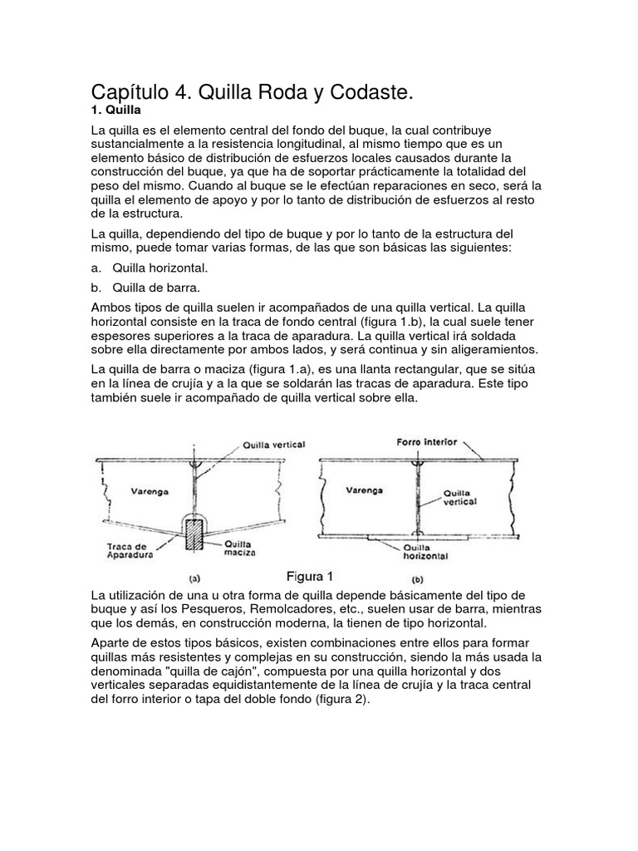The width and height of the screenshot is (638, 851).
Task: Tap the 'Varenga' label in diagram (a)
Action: point(149,491)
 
